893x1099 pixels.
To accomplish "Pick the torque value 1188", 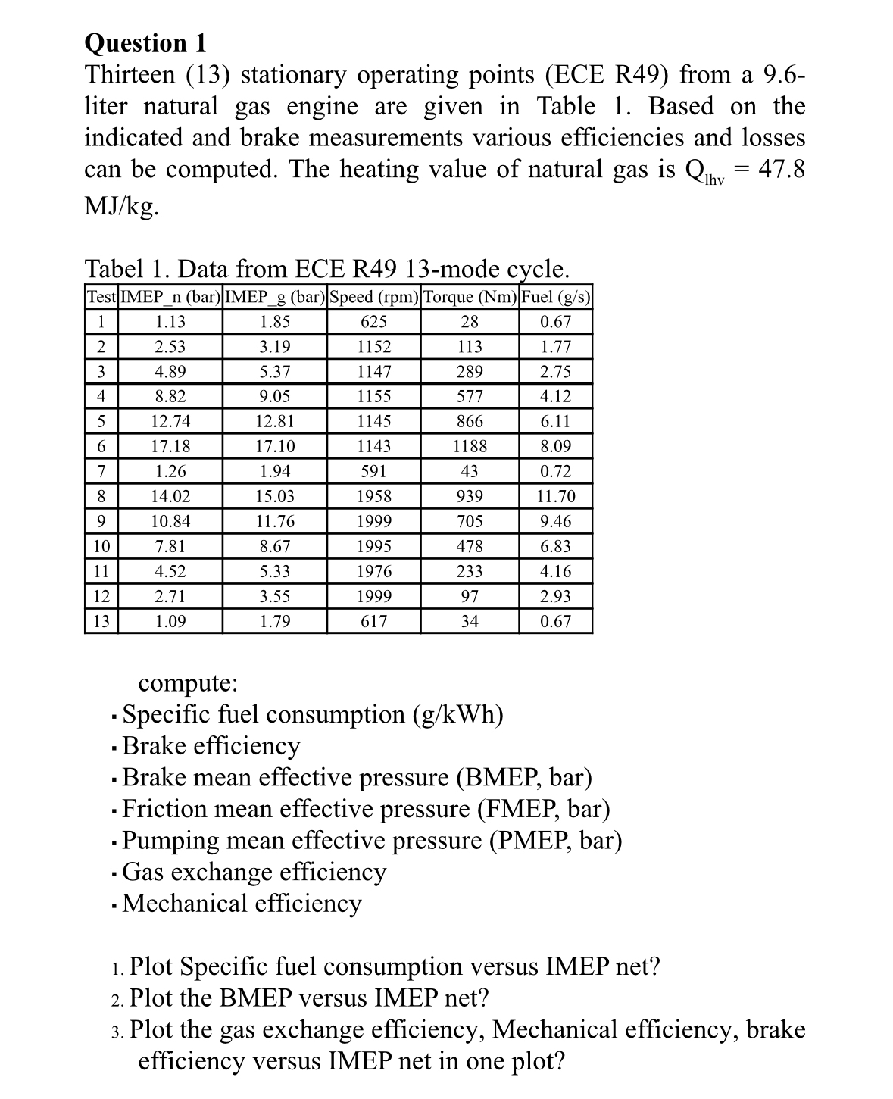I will coord(470,446).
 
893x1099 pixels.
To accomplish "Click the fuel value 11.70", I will coord(555,497).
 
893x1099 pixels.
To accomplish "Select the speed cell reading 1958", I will coord(374,497).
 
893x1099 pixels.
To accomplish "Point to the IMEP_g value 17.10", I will coord(275,446).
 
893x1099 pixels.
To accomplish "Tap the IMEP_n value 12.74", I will coord(170,421).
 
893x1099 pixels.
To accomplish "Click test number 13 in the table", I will coord(101,622).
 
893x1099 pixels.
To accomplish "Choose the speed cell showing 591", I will coord(374,471).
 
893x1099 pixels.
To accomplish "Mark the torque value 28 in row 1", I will coord(470,322).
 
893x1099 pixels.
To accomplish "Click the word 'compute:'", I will coord(188,682).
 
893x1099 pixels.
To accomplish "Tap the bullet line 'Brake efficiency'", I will coord(211,746).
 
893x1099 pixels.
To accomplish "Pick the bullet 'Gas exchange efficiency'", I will coord(254,872).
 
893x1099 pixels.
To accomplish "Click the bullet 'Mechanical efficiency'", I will coord(242,903).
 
